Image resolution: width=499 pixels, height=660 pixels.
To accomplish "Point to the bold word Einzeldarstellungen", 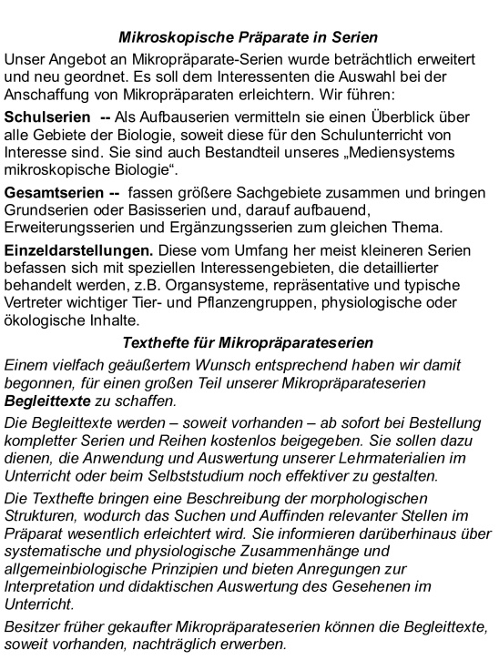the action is [x=73, y=249].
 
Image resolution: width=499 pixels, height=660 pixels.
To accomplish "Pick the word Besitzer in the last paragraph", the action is [x=33, y=625].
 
